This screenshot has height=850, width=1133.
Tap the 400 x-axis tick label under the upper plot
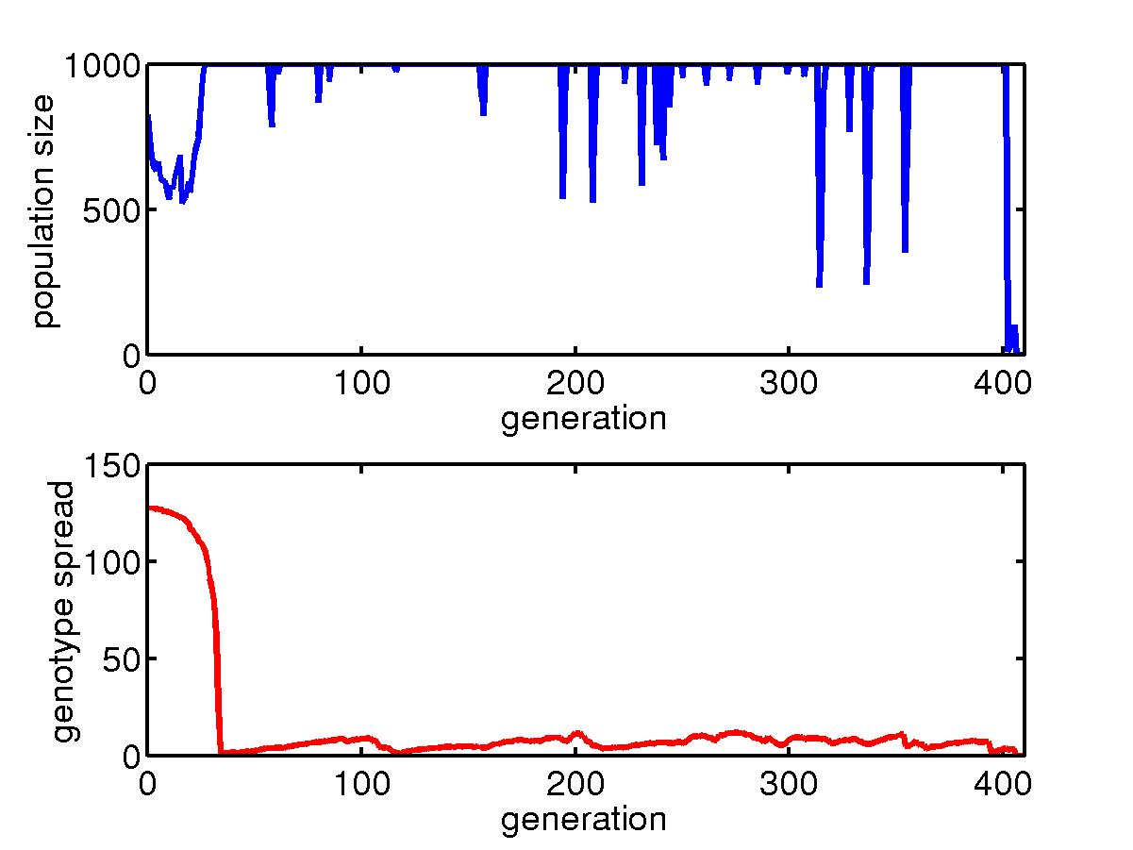point(1002,387)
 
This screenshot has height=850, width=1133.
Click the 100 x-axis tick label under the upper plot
point(361,387)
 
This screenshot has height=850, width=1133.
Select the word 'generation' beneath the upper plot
point(583,418)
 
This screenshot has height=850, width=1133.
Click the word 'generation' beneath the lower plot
point(583,818)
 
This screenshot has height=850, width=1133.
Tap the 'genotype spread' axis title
point(63,610)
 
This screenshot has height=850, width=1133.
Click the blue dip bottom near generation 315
point(819,285)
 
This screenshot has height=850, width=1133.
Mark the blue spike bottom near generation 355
point(905,251)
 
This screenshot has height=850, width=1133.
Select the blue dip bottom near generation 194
point(562,197)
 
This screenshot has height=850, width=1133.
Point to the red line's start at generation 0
point(149,508)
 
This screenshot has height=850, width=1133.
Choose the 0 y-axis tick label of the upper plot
point(130,356)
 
